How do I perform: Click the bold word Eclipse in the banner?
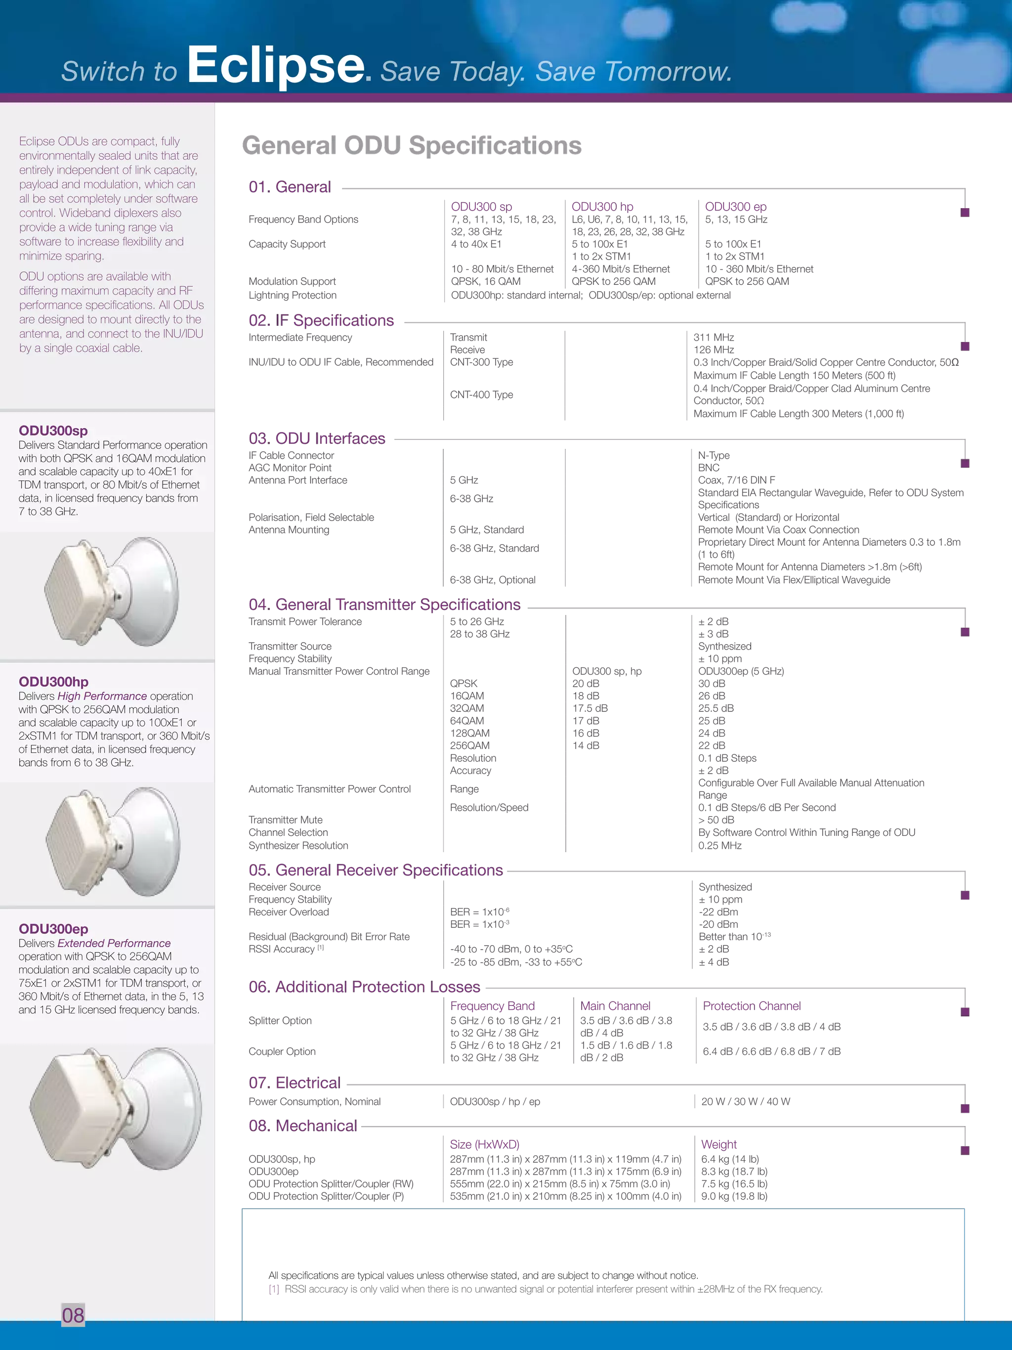pyautogui.click(x=276, y=66)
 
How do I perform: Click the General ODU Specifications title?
pyautogui.click(x=411, y=146)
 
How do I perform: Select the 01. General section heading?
pyautogui.click(x=290, y=187)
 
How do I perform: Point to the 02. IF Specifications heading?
pyautogui.click(x=322, y=320)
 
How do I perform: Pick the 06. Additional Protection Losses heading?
pyautogui.click(x=365, y=987)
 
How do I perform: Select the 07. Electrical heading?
pyautogui.click(x=295, y=1083)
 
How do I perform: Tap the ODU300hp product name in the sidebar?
pyautogui.click(x=54, y=682)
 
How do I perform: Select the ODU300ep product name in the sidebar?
pyautogui.click(x=54, y=929)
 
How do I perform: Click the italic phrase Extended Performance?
pyautogui.click(x=114, y=944)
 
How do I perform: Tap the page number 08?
pyautogui.click(x=73, y=1314)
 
